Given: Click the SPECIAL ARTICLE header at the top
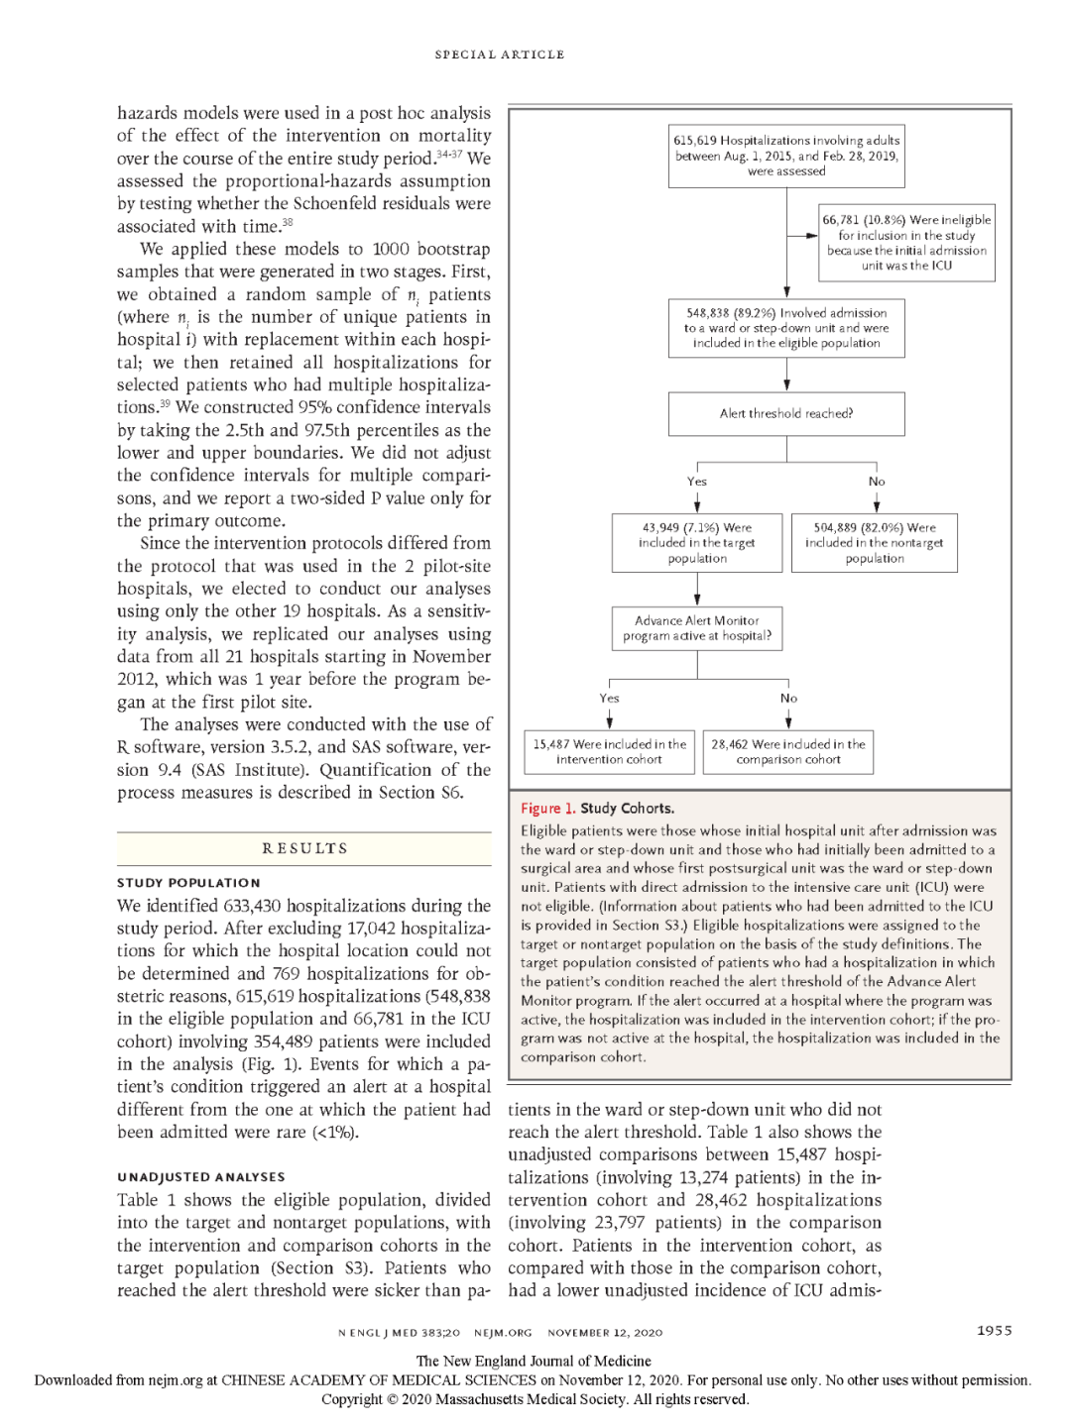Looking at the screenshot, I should (500, 55).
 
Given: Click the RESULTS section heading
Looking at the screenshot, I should (304, 848).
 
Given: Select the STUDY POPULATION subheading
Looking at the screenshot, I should (188, 883).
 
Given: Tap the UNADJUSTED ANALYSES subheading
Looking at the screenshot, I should (201, 1177).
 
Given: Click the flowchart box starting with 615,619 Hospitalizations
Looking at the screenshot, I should (786, 156).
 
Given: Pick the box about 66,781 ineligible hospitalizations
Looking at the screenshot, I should (906, 243).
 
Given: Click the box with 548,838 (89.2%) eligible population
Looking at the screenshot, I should (786, 328).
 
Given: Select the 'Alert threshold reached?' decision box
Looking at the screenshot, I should (786, 414).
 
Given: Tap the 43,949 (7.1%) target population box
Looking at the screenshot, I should (697, 543).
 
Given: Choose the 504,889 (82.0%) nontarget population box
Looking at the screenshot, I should (875, 543).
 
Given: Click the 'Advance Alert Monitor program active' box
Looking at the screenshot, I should (697, 628).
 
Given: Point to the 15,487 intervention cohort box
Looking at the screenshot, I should (609, 752).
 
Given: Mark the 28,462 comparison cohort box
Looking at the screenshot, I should (788, 752).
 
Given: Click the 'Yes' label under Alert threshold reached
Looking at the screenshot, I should (697, 482).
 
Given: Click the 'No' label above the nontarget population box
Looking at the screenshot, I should (877, 482).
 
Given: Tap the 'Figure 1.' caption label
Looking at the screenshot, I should (548, 809).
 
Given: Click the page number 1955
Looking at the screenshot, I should (994, 1331).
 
